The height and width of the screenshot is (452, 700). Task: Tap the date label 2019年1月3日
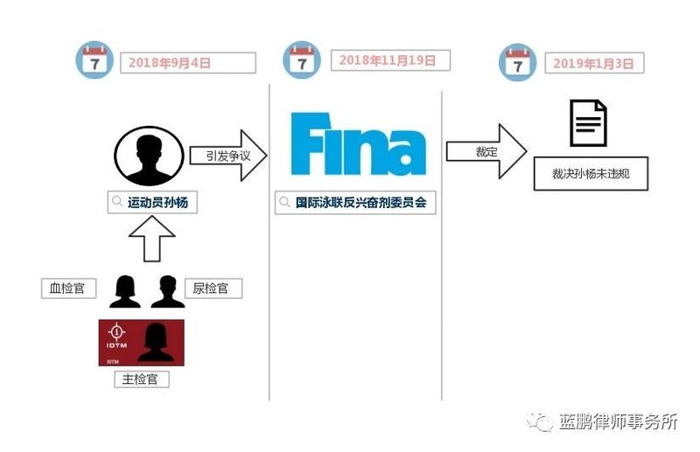[594, 63]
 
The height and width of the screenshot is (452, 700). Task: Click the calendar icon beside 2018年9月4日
[94, 60]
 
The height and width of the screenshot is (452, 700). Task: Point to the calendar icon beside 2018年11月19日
[302, 60]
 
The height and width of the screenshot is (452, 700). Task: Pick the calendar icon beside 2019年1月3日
[517, 62]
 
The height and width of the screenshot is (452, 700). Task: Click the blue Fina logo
[358, 143]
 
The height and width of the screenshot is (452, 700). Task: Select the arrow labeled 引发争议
[228, 156]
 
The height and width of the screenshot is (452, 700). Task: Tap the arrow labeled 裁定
[486, 152]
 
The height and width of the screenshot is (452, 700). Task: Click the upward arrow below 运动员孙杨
[151, 239]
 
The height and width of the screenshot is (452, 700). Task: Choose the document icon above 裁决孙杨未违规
[588, 123]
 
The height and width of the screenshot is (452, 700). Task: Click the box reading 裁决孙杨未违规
[591, 174]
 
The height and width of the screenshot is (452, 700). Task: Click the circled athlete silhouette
[149, 156]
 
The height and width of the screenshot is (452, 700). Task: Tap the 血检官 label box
[69, 289]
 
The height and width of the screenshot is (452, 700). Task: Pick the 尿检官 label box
[213, 289]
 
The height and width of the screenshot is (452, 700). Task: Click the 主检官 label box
[142, 379]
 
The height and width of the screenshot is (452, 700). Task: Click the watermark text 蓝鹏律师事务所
[619, 421]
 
